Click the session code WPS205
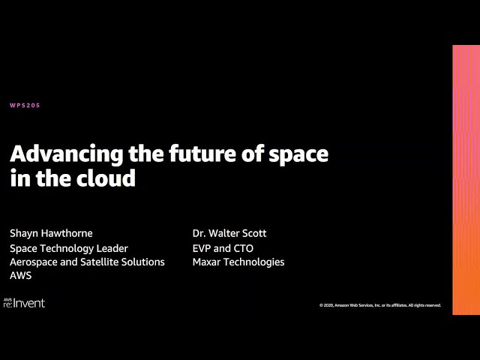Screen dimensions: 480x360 pos(25,105)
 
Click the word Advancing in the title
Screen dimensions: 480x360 pos(67,154)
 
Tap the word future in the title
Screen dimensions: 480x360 pos(202,153)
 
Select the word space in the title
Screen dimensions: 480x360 pos(298,155)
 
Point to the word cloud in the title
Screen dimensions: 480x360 pos(106,178)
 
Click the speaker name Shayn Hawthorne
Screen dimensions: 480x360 pos(51,233)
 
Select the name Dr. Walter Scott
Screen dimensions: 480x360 pos(229,233)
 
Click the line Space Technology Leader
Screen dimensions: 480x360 pos(69,248)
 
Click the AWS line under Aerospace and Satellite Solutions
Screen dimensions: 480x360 pos(20,275)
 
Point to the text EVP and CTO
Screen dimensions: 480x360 pos(223,248)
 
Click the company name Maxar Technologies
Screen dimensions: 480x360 pos(238,262)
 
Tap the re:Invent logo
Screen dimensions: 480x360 pos(24,303)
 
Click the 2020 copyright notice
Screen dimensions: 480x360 pos(380,305)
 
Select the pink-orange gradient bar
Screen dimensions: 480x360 pos(466,180)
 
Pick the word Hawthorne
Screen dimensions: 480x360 pos(71,233)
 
